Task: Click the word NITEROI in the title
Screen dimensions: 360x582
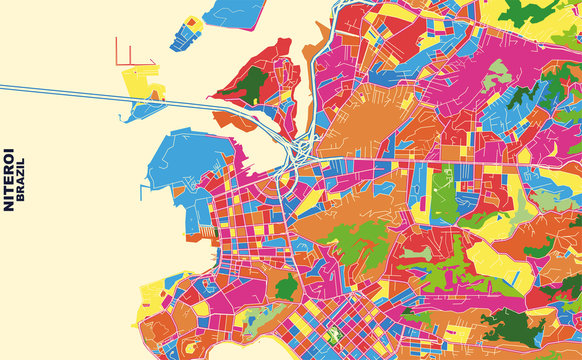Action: coord(9,180)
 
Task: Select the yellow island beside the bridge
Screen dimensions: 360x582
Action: coord(140,81)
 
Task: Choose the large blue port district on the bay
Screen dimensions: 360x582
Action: coord(185,160)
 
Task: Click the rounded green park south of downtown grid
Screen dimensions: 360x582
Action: coord(287,288)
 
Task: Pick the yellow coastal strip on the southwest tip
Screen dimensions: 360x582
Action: coord(150,300)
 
